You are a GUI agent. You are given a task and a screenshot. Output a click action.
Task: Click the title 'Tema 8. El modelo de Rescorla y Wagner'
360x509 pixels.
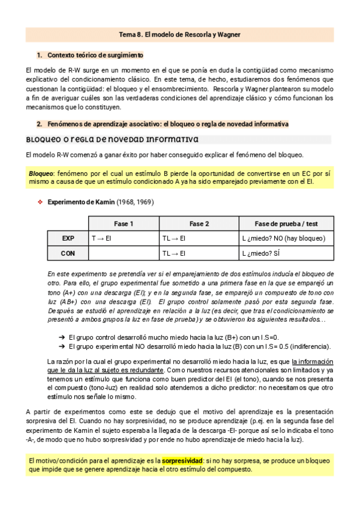[x=179, y=35]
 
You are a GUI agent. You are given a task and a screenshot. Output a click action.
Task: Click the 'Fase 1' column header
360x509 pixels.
[x=124, y=224]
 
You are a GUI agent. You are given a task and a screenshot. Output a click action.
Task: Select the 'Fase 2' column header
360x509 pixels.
[x=199, y=224]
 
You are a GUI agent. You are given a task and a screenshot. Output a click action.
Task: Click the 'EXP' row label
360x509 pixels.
[x=68, y=238]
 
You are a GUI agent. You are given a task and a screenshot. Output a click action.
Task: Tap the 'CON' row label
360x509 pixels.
[x=68, y=253]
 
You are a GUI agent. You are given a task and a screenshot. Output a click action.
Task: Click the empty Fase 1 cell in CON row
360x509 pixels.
[x=124, y=253]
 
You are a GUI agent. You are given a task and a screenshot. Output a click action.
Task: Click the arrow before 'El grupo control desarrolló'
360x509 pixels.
[x=62, y=337]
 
